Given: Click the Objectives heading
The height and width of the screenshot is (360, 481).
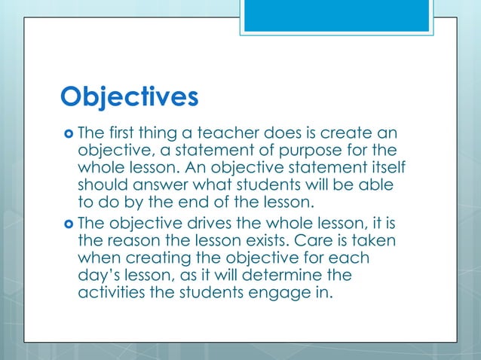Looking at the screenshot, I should (x=129, y=96).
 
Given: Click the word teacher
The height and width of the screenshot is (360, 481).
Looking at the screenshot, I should (x=231, y=133).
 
